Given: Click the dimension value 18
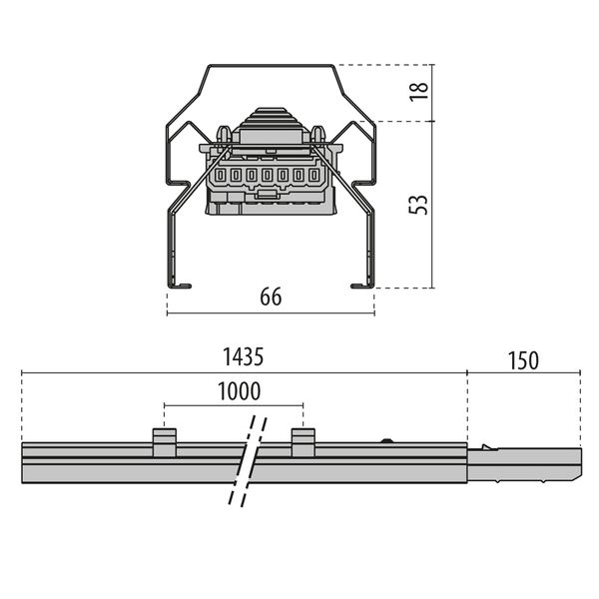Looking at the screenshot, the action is tap(418, 92).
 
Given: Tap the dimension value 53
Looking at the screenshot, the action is tap(418, 205).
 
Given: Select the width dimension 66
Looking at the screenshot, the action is tap(271, 297).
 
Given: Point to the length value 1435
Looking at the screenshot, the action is tap(244, 357).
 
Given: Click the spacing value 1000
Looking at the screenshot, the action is tap(240, 391).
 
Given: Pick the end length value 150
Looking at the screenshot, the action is tap(523, 360).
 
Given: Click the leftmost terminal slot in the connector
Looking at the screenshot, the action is tap(221, 176).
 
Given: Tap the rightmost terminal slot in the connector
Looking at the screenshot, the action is tap(313, 176).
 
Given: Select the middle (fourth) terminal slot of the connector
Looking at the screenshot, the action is tap(267, 176).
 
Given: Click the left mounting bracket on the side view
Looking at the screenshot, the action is tap(165, 442).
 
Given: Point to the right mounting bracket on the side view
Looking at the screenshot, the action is tap(303, 442).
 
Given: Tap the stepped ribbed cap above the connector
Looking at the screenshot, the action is tap(271, 119).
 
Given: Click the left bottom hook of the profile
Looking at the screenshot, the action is tap(180, 286).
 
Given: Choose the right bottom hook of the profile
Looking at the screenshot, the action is tap(362, 286).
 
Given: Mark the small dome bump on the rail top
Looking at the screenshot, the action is tap(387, 440).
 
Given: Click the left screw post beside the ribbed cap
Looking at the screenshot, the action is tap(224, 134).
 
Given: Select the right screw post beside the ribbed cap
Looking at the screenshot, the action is tap(317, 134).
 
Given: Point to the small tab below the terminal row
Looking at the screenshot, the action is tap(267, 194).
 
